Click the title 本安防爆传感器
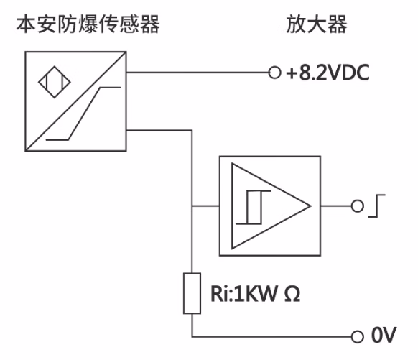[x=88, y=24]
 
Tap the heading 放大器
[x=317, y=24]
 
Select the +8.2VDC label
[x=328, y=73]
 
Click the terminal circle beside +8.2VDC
[x=274, y=73]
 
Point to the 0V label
[x=384, y=335]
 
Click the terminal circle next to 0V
[x=357, y=336]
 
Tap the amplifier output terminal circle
[x=357, y=206]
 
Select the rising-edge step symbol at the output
[x=376, y=206]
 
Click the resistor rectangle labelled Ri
[x=192, y=293]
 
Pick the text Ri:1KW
[x=244, y=294]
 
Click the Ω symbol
[x=292, y=294]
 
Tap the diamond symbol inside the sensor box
[x=55, y=82]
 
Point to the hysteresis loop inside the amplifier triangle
[x=254, y=207]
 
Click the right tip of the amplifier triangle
[x=311, y=206]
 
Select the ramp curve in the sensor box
[x=83, y=114]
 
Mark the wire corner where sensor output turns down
[x=192, y=130]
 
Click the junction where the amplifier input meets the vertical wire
[x=192, y=206]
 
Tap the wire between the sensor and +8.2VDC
[x=198, y=73]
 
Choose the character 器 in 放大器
[x=338, y=24]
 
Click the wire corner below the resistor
[x=192, y=336]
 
